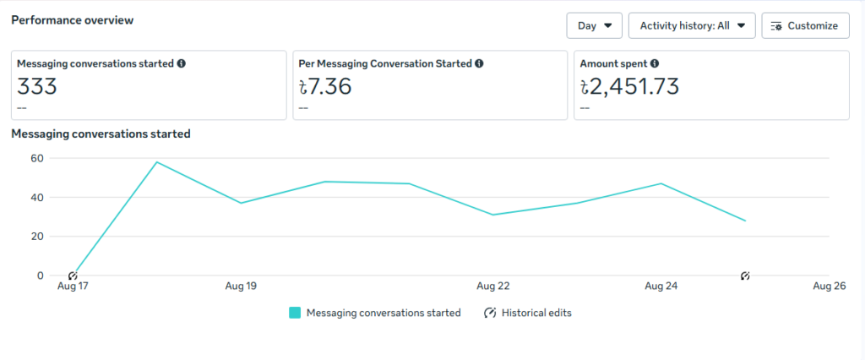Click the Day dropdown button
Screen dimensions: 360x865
[594, 25]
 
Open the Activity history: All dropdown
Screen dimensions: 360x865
[692, 25]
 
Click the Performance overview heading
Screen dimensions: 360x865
[72, 19]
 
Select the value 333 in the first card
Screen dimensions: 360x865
[37, 85]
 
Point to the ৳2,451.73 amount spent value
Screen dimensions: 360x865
[629, 85]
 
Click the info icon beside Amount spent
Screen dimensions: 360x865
[655, 63]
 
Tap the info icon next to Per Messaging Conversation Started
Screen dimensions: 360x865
[479, 63]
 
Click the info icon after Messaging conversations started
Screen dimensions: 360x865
[182, 63]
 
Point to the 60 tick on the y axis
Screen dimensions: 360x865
[36, 158]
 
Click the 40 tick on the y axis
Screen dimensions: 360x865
[36, 197]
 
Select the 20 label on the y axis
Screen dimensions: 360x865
[36, 237]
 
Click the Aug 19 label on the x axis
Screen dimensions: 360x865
[241, 286]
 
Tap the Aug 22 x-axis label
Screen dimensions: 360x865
[492, 286]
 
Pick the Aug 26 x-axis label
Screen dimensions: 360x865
[829, 286]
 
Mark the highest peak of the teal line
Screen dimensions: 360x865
[157, 162]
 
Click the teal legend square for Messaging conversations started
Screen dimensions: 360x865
[295, 313]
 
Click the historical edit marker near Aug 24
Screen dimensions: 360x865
[745, 275]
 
